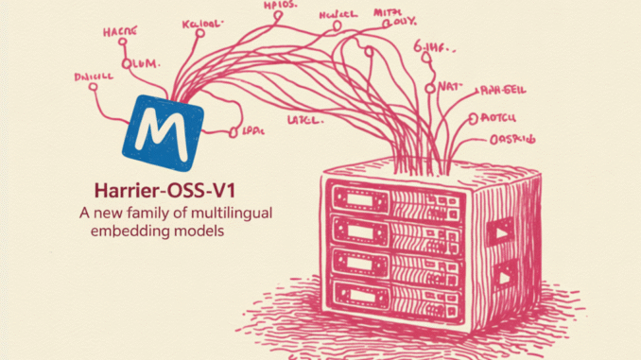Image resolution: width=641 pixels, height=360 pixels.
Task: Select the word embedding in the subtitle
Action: (x=129, y=231)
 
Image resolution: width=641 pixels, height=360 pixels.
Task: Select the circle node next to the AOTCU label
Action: (x=472, y=120)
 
